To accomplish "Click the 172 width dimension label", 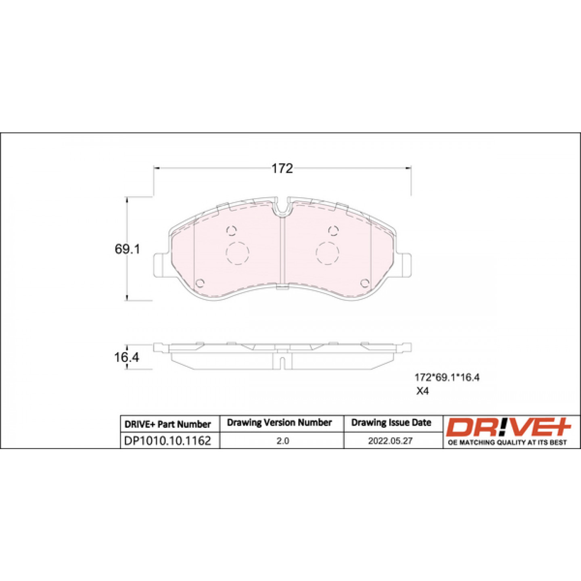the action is pyautogui.click(x=282, y=169).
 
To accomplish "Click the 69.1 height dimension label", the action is pyautogui.click(x=127, y=249).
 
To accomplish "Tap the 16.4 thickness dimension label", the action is pyautogui.click(x=127, y=357).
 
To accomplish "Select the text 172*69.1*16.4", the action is pyautogui.click(x=447, y=378).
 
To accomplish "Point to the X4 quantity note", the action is pyautogui.click(x=422, y=391).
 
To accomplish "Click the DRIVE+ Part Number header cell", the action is pyautogui.click(x=167, y=424).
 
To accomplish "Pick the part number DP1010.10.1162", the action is pyautogui.click(x=167, y=441).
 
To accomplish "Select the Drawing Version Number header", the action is pyautogui.click(x=279, y=422).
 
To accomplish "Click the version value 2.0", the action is pyautogui.click(x=282, y=441).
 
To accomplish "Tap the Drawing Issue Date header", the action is pyautogui.click(x=391, y=422).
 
